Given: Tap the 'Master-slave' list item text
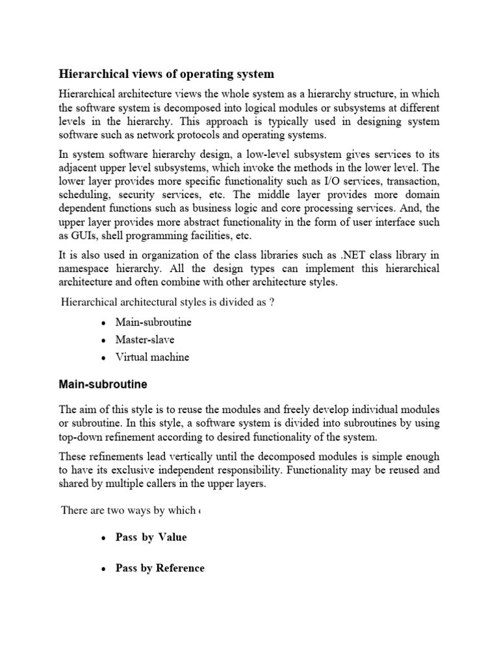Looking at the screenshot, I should (x=145, y=339).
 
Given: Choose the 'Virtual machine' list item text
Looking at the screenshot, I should (x=152, y=357).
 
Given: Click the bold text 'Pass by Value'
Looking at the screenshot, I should (x=151, y=537).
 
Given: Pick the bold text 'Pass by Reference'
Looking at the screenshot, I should (x=160, y=568).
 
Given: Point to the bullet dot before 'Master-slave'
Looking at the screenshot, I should (x=103, y=340).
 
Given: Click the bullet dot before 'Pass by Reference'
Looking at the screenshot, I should (x=103, y=569).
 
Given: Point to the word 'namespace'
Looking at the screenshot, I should (x=86, y=268).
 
